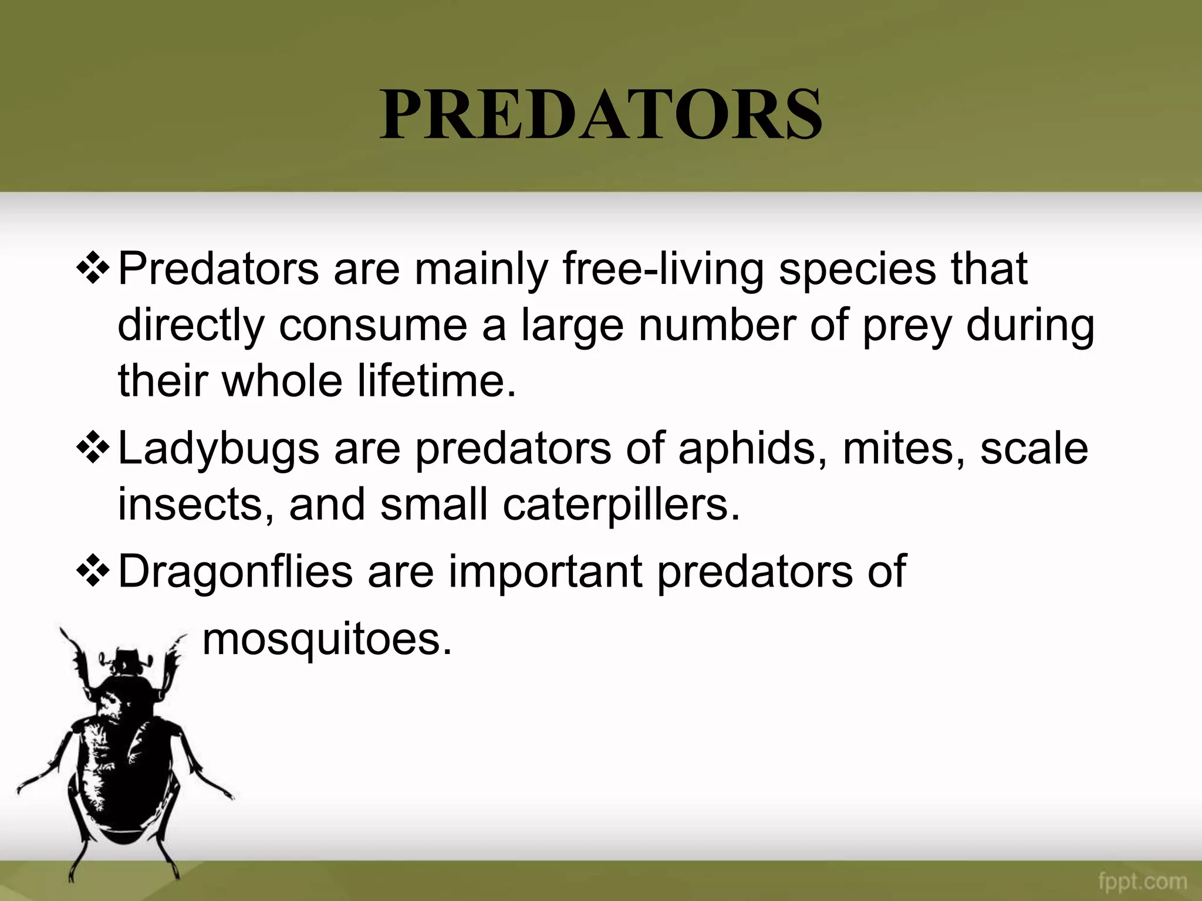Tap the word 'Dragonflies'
(x=235, y=571)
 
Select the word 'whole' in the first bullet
(x=282, y=380)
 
